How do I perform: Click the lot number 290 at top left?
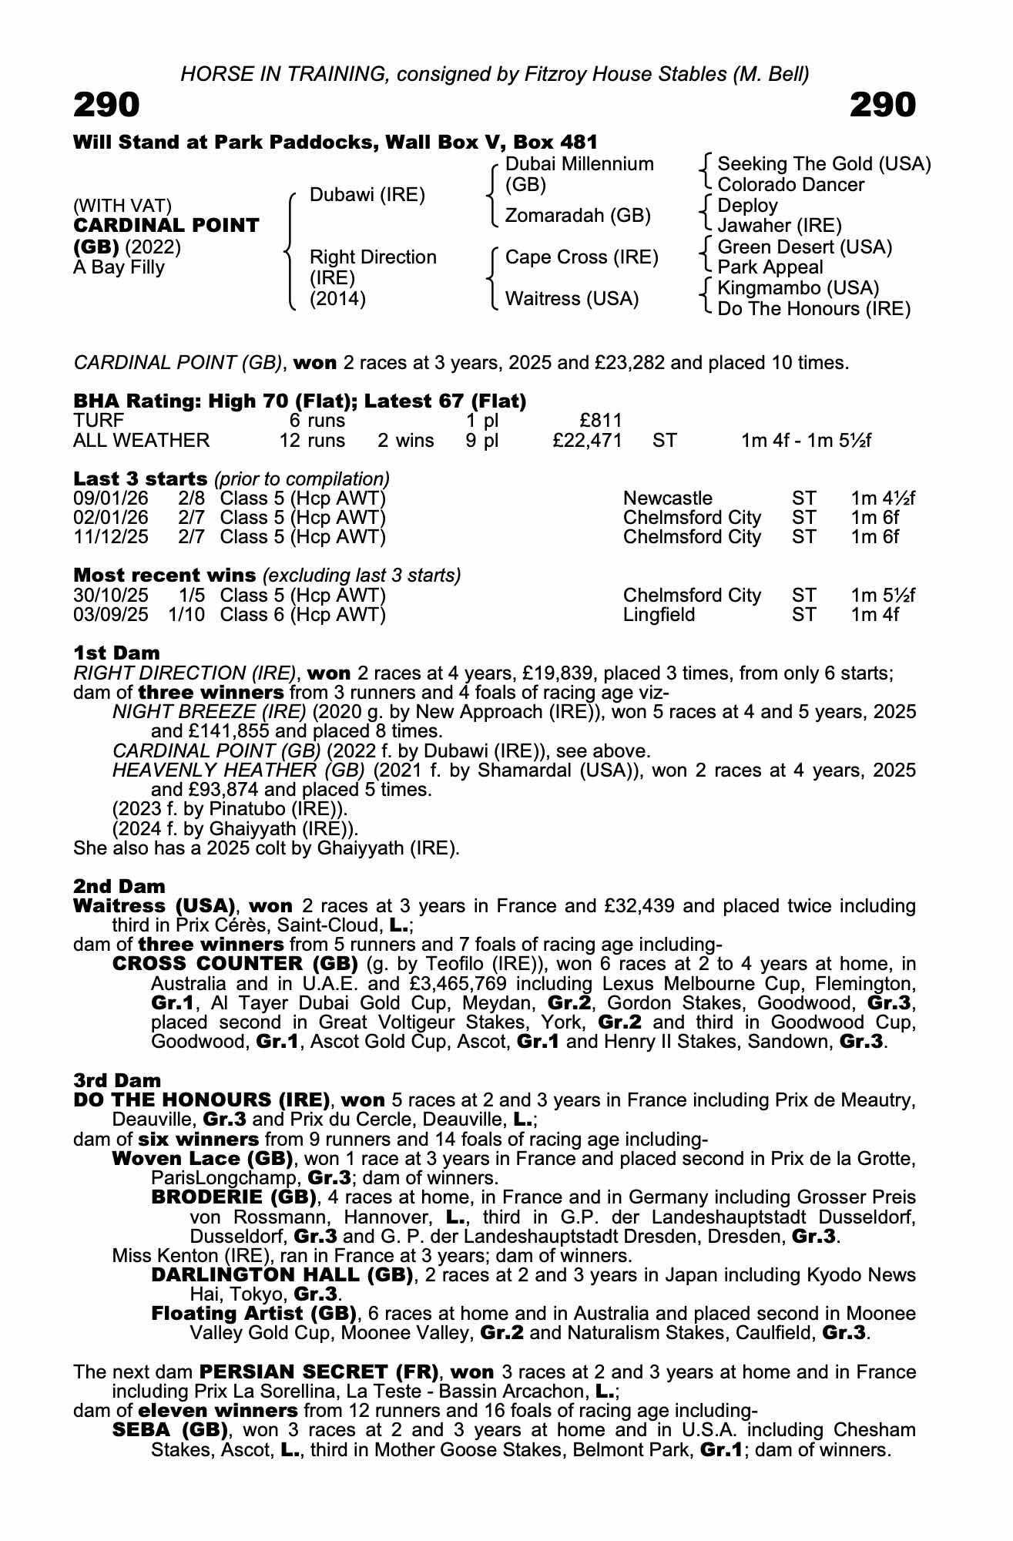click(x=106, y=105)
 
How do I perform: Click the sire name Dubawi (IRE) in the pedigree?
click(x=367, y=195)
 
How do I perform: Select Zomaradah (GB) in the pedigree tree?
click(x=578, y=216)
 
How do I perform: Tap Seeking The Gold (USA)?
click(x=823, y=164)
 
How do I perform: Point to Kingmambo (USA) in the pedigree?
click(x=798, y=288)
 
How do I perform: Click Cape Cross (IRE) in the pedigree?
click(x=582, y=257)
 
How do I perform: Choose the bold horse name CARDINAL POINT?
click(x=166, y=226)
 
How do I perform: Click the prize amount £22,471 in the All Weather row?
click(x=587, y=441)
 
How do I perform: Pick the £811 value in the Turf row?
click(x=600, y=421)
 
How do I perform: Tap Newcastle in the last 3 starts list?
click(x=668, y=499)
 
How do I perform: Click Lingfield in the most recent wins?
click(x=659, y=615)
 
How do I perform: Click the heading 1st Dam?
click(x=116, y=653)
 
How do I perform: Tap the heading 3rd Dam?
click(x=117, y=1080)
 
